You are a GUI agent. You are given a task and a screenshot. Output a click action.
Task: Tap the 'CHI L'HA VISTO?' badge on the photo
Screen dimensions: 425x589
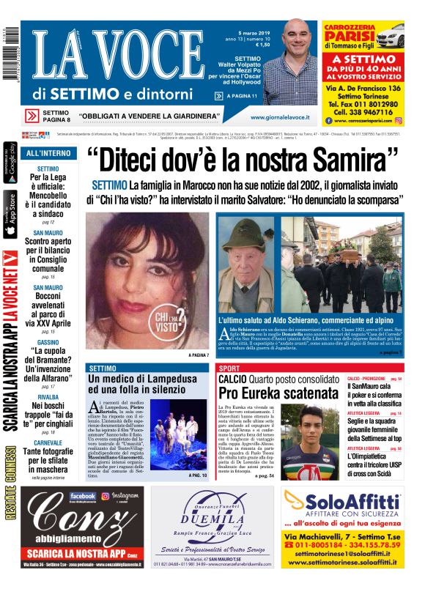[171, 319]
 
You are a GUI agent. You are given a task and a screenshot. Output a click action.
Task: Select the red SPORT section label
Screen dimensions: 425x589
[229, 368]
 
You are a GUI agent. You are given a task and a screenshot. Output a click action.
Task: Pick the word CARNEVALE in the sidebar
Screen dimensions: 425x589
[48, 442]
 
